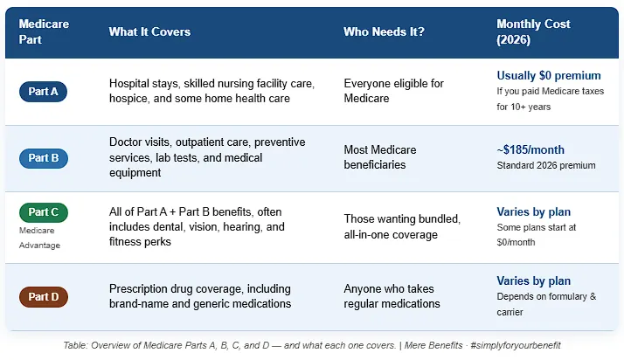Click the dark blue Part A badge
pyautogui.click(x=43, y=92)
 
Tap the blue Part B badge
pyautogui.click(x=44, y=158)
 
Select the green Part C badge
pyautogui.click(x=44, y=212)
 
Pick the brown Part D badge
pyautogui.click(x=44, y=297)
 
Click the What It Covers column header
pyautogui.click(x=149, y=31)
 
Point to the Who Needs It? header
pyautogui.click(x=384, y=31)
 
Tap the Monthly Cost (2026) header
pyautogui.click(x=533, y=31)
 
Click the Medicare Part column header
pyautogui.click(x=44, y=31)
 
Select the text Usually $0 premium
pyautogui.click(x=549, y=75)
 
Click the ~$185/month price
pyautogui.click(x=530, y=150)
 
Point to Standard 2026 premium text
pyautogui.click(x=546, y=165)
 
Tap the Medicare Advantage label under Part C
pyautogui.click(x=39, y=238)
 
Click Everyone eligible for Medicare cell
pyautogui.click(x=393, y=91)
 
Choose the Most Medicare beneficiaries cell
pyautogui.click(x=380, y=157)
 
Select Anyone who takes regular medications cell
pyautogui.click(x=392, y=296)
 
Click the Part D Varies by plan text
pyautogui.click(x=534, y=281)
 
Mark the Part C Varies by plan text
pyautogui.click(x=534, y=212)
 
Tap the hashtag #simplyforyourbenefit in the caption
pyautogui.click(x=516, y=345)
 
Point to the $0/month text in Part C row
pyautogui.click(x=516, y=242)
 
